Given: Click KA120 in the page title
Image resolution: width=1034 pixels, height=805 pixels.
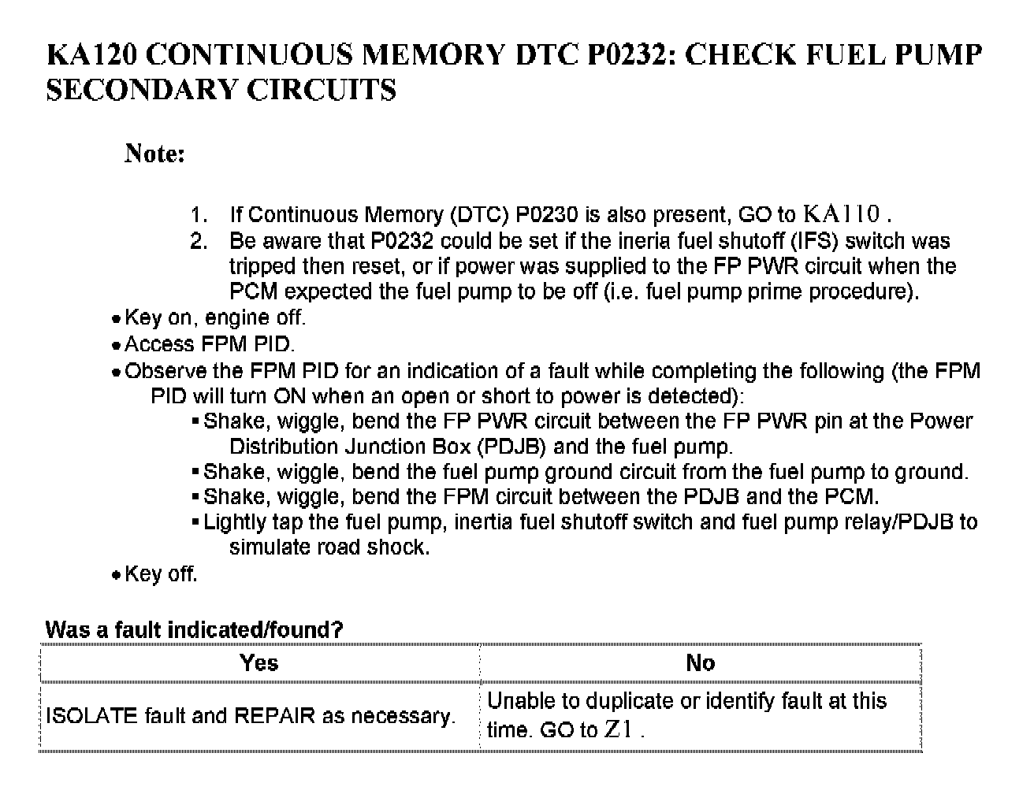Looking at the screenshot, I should [93, 56].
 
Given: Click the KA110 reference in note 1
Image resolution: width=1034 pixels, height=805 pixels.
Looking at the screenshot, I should [841, 214].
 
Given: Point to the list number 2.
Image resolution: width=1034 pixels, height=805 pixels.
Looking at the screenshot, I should [199, 241].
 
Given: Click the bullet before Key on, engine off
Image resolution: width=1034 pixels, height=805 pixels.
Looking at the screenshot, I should [116, 320].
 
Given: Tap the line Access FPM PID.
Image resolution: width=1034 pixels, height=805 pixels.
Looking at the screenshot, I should [210, 344].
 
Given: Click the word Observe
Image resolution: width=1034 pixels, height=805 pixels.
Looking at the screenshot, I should [165, 371].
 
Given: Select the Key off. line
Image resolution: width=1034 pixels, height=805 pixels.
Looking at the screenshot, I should [161, 573].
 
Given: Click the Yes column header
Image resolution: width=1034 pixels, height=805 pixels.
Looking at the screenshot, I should [259, 662].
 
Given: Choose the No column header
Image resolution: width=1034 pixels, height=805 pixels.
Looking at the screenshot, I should [700, 662].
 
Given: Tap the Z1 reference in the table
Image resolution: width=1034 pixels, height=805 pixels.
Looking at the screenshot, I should [619, 729].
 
